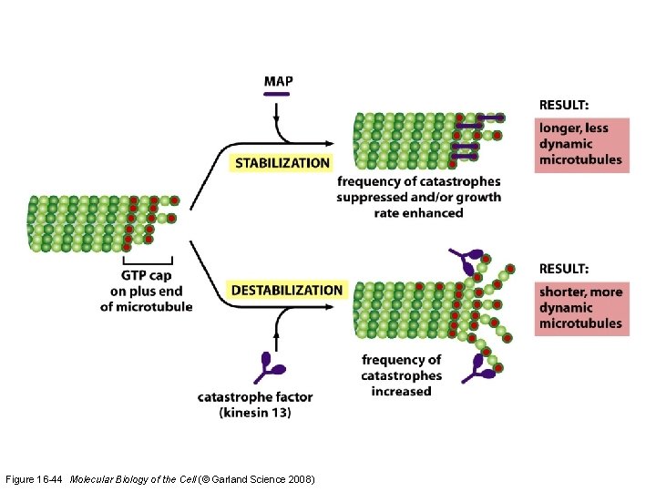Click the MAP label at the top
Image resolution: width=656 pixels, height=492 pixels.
(278, 81)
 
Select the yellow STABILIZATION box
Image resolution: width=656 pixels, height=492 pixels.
(282, 163)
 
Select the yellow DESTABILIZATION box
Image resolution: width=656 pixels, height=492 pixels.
(287, 290)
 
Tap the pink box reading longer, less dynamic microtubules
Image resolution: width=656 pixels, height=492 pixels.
(582, 145)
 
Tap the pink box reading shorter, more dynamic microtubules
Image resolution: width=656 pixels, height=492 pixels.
(581, 308)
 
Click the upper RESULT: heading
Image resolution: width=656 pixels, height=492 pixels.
(563, 105)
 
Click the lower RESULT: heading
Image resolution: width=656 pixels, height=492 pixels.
(563, 269)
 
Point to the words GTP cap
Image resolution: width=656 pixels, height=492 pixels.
(146, 276)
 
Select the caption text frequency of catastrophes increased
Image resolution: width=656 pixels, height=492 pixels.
(401, 375)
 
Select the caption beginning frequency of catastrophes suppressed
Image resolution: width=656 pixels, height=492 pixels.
(418, 197)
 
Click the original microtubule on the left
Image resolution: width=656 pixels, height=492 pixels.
(91, 223)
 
